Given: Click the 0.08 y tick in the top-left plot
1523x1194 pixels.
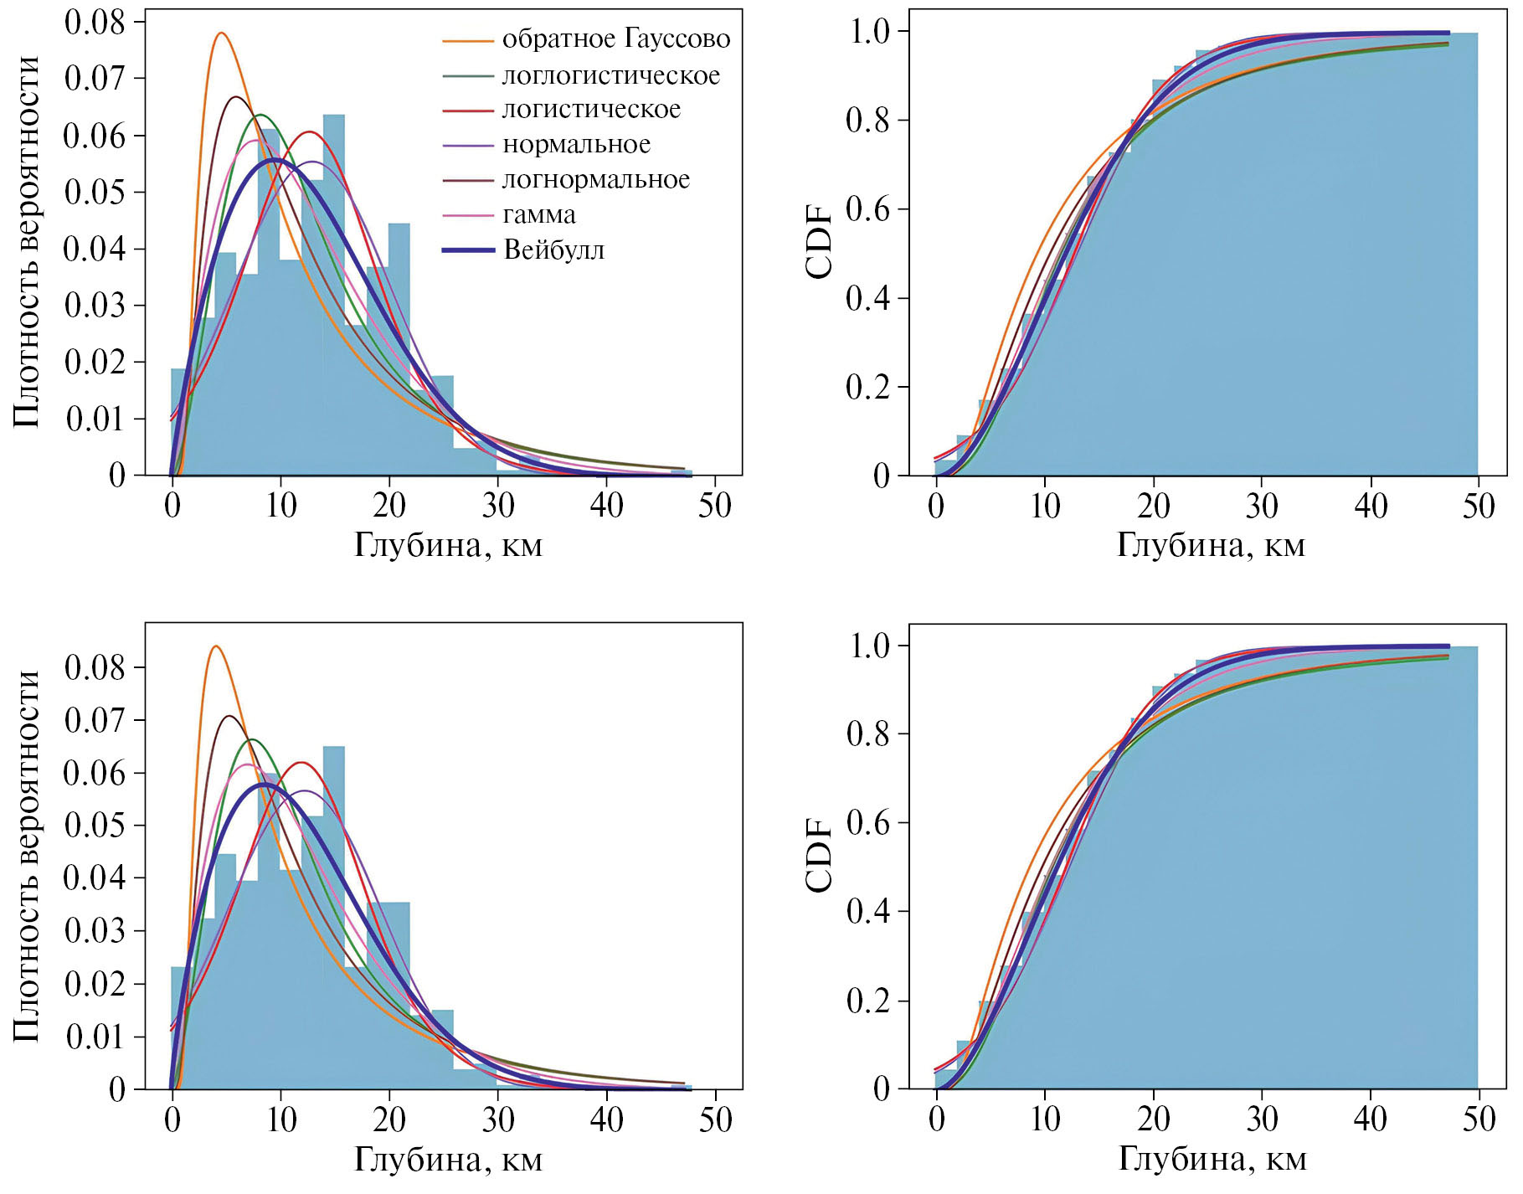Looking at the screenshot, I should tap(94, 23).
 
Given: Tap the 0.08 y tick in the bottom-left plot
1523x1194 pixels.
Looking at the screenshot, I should tap(94, 667).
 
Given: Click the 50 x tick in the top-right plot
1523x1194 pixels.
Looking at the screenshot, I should tap(1478, 506).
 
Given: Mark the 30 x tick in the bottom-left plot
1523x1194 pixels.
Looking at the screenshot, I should tap(498, 1119).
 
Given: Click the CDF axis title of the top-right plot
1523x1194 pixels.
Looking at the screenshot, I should tap(820, 242).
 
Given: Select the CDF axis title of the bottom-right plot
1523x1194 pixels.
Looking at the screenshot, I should tap(820, 856).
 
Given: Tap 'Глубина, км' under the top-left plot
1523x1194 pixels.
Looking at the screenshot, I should tap(449, 545).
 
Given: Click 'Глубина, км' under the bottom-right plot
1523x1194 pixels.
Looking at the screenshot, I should tap(1212, 1160).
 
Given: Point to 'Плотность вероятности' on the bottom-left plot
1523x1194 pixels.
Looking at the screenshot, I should tap(27, 856).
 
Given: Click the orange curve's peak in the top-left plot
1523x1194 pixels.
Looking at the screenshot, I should tap(221, 33).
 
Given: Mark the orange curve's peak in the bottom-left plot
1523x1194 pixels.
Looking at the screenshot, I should tap(216, 646).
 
